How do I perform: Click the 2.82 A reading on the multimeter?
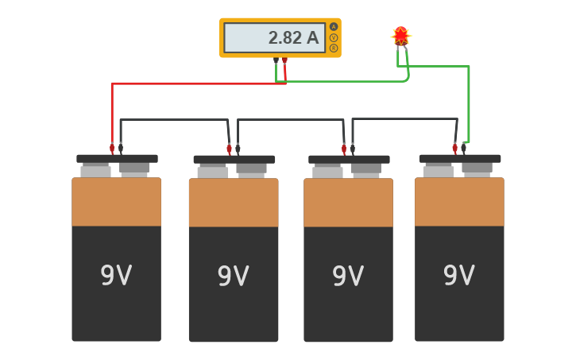tap(292, 37)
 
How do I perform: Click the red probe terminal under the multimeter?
tap(284, 60)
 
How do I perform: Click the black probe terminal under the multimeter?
tap(276, 60)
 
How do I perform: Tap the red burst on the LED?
tap(401, 35)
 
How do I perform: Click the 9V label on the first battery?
tap(116, 276)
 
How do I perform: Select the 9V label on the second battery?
tap(233, 277)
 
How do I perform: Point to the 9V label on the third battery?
tap(348, 277)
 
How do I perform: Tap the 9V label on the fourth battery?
tap(459, 276)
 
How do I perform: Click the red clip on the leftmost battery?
tap(112, 148)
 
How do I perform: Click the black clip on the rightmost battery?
tap(464, 148)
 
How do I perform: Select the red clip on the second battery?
tap(229, 148)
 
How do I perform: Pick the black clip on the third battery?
tap(353, 148)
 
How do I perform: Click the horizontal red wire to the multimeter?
tap(199, 83)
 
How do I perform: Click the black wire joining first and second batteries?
tap(175, 120)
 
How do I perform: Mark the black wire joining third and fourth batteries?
tap(405, 119)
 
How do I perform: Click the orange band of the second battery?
tap(234, 203)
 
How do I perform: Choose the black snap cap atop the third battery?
tap(349, 159)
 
